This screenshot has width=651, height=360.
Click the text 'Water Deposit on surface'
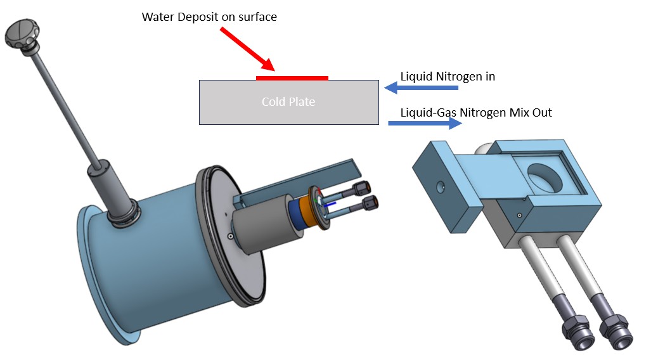209,17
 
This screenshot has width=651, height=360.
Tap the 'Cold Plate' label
288,101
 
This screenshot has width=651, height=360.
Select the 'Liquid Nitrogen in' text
448,77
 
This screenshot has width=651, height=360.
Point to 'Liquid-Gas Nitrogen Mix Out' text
476,113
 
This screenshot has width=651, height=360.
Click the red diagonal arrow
247,48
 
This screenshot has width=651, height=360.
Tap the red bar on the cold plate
292,78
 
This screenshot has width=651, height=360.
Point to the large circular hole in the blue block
543,178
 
